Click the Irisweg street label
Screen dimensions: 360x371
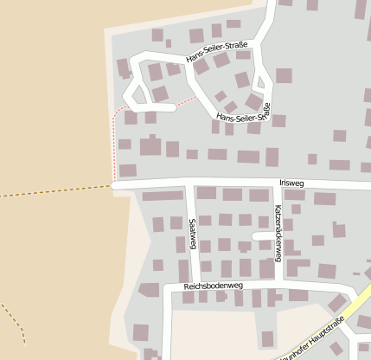pos(292,183)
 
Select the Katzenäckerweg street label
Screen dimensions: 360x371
pos(278,232)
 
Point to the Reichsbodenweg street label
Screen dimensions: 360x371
pos(214,286)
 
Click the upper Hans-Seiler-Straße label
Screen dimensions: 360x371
pos(217,52)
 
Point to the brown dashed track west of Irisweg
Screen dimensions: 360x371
pos(52,191)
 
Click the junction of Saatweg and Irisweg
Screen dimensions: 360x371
pos(188,183)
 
